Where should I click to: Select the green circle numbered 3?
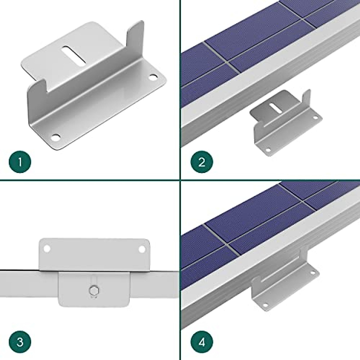point(20,342)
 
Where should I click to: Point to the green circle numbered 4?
point(202,342)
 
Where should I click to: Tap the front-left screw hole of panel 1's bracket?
point(55,138)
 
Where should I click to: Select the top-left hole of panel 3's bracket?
point(46,249)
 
